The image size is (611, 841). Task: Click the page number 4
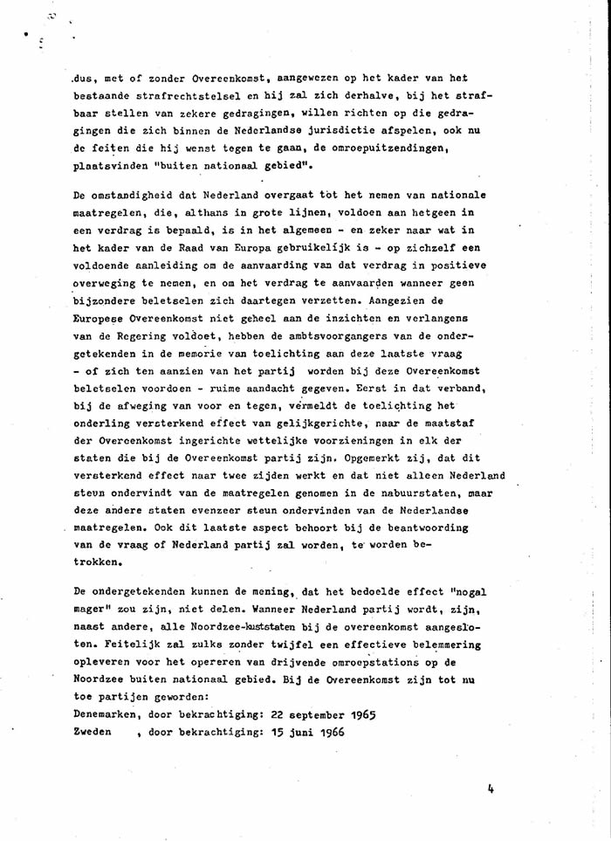point(492,787)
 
